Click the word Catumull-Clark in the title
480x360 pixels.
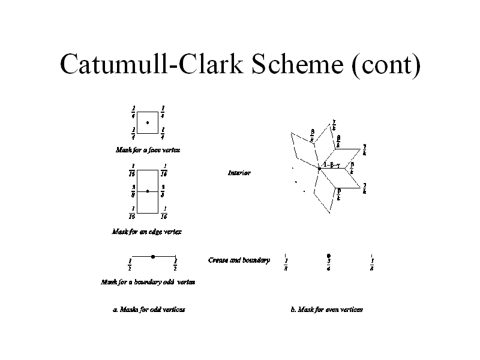pyautogui.click(x=153, y=65)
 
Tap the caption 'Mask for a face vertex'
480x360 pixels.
pyautogui.click(x=148, y=149)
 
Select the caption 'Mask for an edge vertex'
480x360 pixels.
pyautogui.click(x=147, y=231)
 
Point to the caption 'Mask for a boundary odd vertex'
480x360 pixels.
pyautogui.click(x=148, y=281)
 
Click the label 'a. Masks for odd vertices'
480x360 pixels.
pyautogui.click(x=149, y=310)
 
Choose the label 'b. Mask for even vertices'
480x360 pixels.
pyautogui.click(x=326, y=310)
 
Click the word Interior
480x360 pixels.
pyautogui.click(x=239, y=173)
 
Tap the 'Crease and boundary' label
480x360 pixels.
pyautogui.click(x=239, y=260)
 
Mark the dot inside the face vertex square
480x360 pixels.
pyautogui.click(x=148, y=122)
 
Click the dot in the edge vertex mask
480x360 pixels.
pyautogui.click(x=148, y=191)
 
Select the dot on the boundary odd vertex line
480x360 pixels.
pyautogui.click(x=154, y=256)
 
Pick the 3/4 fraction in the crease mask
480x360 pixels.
pyautogui.click(x=329, y=264)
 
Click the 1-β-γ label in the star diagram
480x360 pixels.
pyautogui.click(x=332, y=165)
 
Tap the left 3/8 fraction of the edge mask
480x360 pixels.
pyautogui.click(x=133, y=190)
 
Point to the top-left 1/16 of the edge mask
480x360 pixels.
pyautogui.click(x=133, y=170)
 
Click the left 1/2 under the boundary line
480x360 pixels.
pyautogui.click(x=130, y=265)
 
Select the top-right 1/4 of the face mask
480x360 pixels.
pyautogui.click(x=163, y=112)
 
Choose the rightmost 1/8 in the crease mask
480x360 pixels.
pyautogui.click(x=372, y=264)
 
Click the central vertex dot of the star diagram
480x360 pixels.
pyautogui.click(x=320, y=170)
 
